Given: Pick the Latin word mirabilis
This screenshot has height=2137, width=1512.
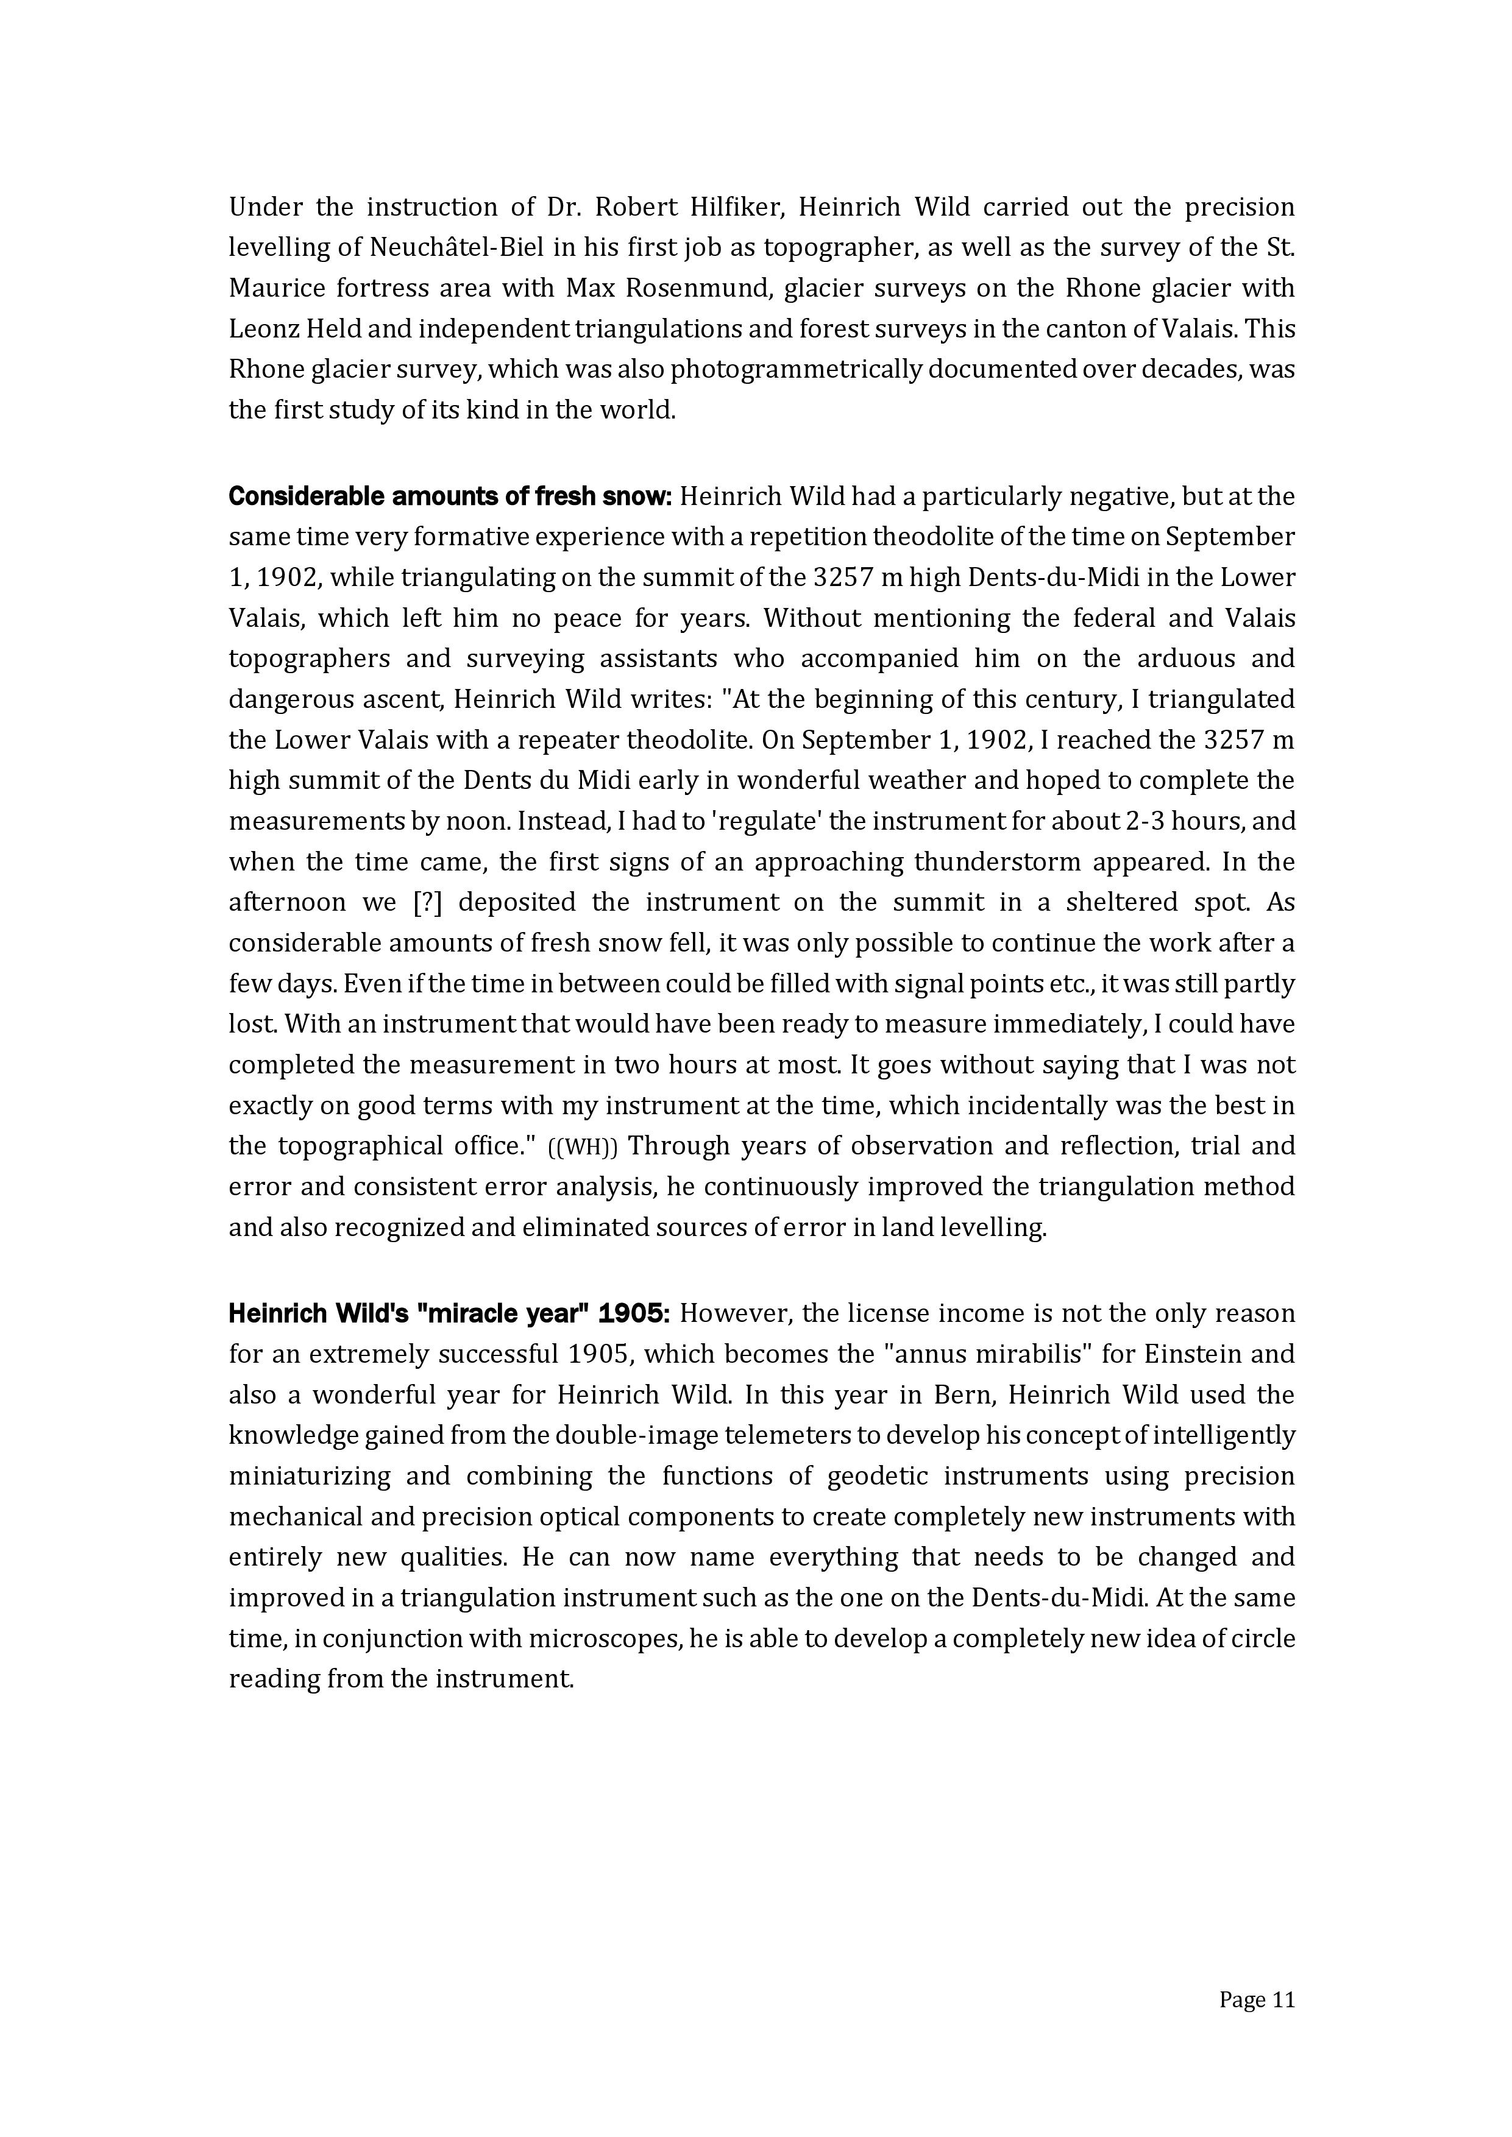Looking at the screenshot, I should click(x=1036, y=1354).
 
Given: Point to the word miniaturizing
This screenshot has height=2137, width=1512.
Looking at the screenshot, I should click(x=303, y=1476).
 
